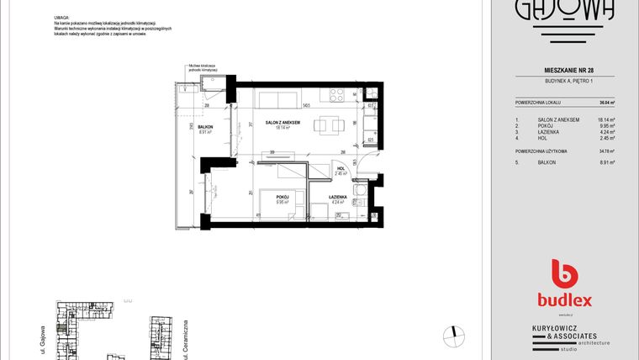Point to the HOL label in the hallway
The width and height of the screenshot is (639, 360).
click(x=341, y=168)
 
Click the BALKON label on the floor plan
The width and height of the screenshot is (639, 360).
click(x=206, y=128)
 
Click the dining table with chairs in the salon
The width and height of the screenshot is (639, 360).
click(x=327, y=127)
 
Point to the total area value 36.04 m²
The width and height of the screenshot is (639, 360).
click(x=606, y=102)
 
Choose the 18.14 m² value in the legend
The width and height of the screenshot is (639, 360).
click(x=606, y=120)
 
